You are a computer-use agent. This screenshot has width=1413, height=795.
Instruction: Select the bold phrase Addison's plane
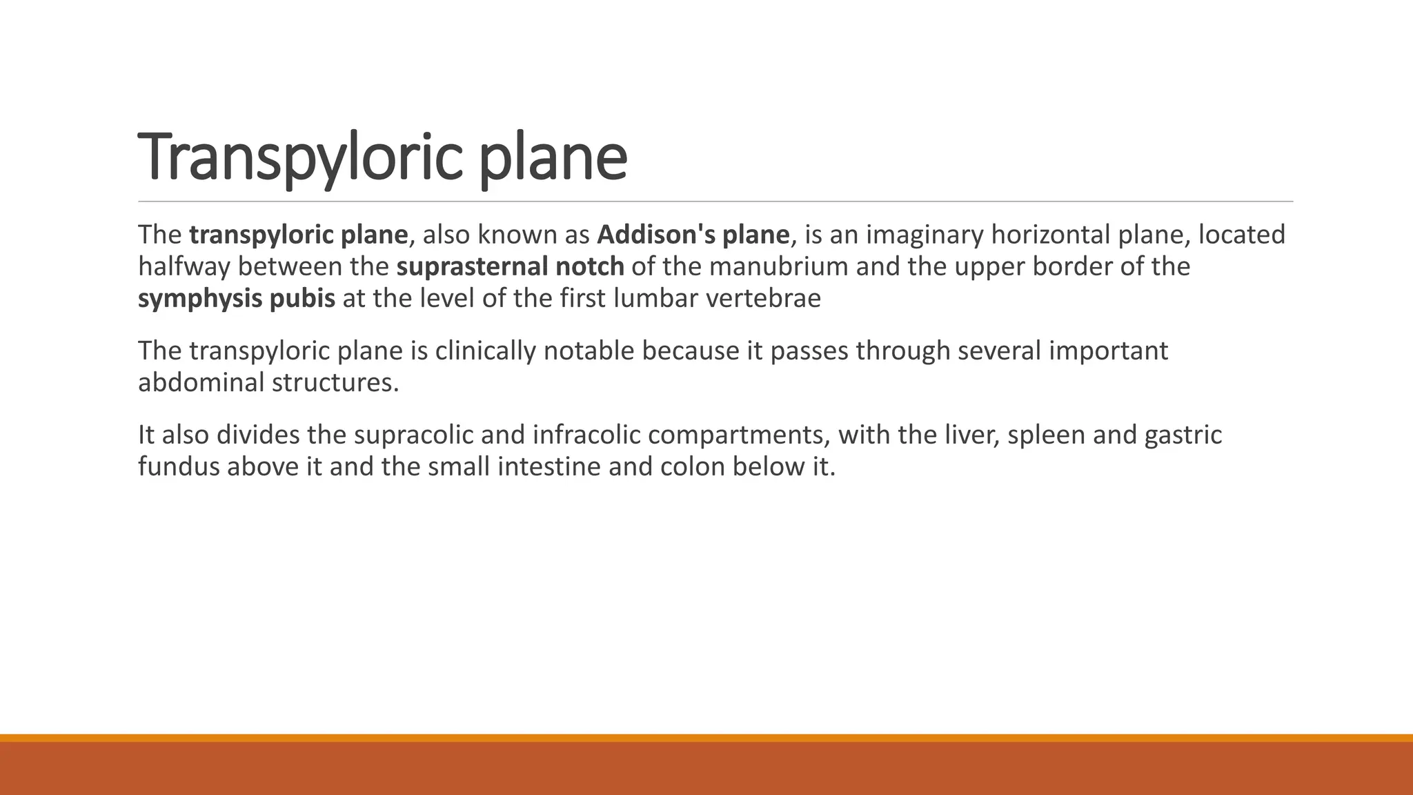(693, 235)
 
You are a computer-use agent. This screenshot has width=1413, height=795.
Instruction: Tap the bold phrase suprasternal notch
(510, 266)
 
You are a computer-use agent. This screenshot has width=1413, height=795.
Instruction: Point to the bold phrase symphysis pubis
(236, 298)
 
